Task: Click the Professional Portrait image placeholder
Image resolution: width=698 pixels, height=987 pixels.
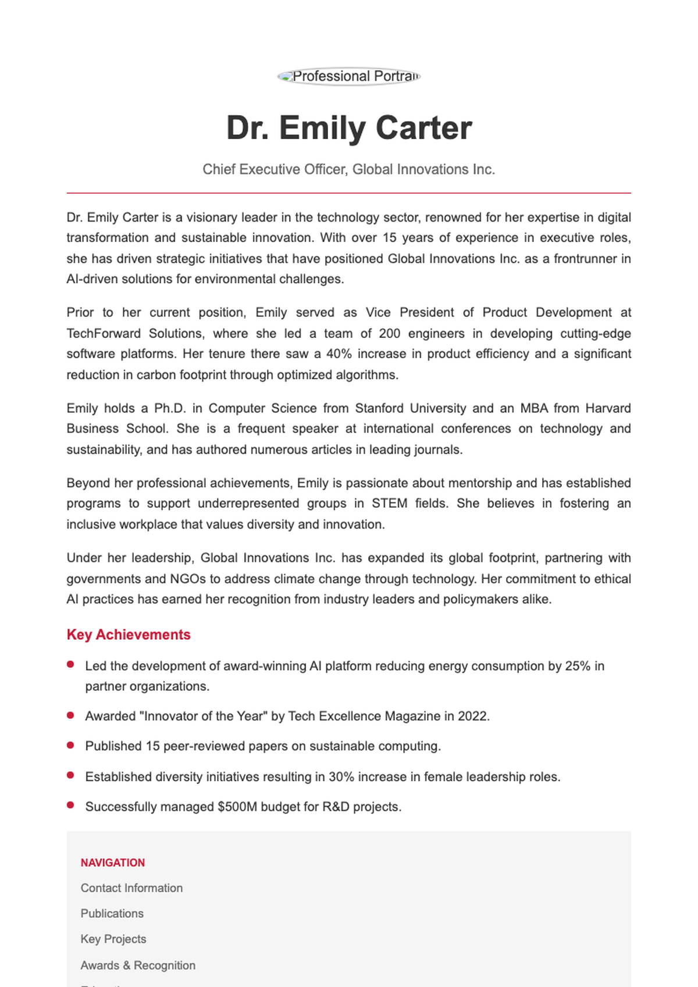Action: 349,76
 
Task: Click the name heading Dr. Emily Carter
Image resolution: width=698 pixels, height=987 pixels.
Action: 349,128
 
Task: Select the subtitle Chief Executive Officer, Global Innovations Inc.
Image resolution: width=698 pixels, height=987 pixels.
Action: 349,169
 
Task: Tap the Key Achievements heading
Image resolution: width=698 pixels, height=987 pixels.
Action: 129,635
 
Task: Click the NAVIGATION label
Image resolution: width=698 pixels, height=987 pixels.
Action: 113,863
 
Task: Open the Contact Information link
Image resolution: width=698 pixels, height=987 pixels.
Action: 131,888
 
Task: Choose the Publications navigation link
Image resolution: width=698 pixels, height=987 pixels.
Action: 112,914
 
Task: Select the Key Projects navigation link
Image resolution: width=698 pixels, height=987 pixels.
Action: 113,939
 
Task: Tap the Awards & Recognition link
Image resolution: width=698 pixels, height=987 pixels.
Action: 138,965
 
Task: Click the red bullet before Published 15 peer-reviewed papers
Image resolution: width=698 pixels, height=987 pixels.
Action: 70,745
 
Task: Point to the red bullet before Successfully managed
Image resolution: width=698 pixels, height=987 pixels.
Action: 70,806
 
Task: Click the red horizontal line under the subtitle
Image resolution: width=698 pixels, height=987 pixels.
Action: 349,193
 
